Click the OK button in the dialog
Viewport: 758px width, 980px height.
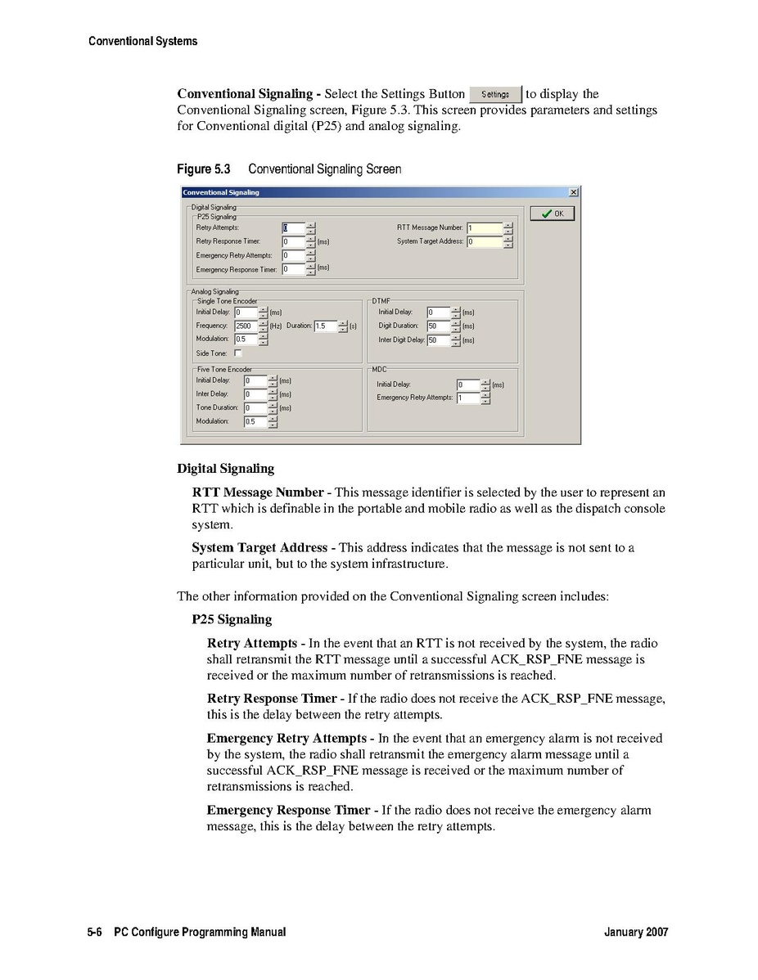point(553,214)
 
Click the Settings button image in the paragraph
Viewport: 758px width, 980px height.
point(495,94)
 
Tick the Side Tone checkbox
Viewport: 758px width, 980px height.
point(238,353)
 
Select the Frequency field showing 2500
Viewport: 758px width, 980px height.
point(246,326)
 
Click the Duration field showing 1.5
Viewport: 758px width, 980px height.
point(325,326)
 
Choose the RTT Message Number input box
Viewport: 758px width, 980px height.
point(484,227)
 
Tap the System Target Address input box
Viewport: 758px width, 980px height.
point(484,241)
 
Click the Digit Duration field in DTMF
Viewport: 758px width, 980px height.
point(438,326)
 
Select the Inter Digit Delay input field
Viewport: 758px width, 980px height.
point(438,339)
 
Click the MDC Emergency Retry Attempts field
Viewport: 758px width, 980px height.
point(468,398)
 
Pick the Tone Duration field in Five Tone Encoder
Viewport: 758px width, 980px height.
point(255,407)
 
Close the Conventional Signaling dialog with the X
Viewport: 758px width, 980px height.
point(573,192)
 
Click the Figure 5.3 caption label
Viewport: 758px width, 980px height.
point(204,169)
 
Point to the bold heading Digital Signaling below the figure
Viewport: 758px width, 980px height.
point(225,469)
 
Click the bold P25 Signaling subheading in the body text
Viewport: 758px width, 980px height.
point(232,619)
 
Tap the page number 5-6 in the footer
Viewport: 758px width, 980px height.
point(94,932)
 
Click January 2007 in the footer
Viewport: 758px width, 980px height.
point(636,932)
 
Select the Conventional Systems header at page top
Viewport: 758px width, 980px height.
point(142,41)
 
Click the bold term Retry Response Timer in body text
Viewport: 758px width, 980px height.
point(272,699)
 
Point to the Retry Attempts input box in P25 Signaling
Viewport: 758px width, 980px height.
point(293,227)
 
